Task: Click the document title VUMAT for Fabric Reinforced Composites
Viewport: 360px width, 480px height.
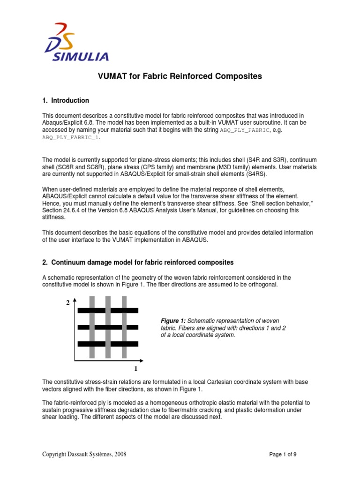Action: click(x=180, y=76)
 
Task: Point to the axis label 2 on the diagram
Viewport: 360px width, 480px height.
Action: click(x=68, y=303)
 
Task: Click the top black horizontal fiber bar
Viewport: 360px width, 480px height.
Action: click(x=108, y=310)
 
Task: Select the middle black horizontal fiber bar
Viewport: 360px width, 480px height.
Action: click(x=108, y=327)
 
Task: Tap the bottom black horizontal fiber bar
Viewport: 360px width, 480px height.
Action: click(x=108, y=344)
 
